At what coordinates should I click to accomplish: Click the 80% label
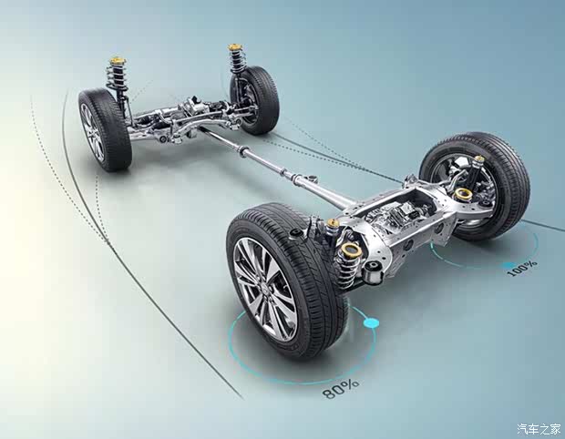coord(341,388)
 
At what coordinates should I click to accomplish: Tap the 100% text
coord(522,269)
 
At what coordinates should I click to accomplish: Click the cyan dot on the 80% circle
coord(370,322)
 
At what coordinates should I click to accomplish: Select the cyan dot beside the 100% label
coord(509,266)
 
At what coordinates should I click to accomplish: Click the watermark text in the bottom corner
coord(539,429)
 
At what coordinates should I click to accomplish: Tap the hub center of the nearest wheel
coord(263,289)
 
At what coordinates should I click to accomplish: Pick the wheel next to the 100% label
coord(475,186)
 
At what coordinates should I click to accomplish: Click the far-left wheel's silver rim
coord(92,133)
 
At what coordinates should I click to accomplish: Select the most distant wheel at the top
coord(255,100)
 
